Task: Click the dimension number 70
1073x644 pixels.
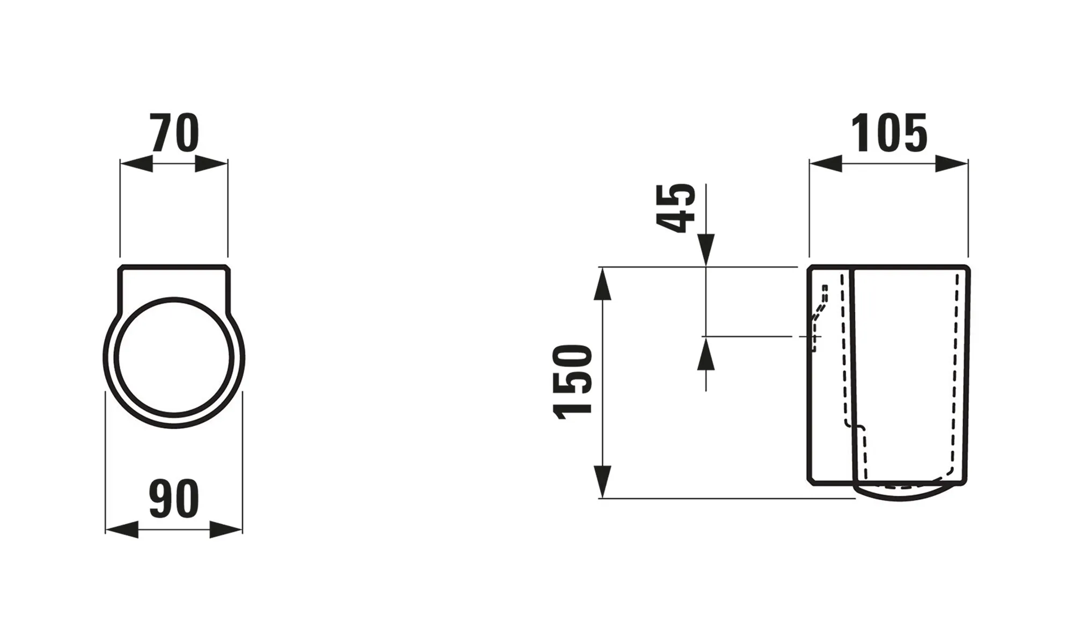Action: (x=175, y=134)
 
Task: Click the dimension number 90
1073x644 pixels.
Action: (x=174, y=500)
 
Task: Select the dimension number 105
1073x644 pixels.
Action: (x=890, y=134)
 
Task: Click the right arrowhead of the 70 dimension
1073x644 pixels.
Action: (x=211, y=164)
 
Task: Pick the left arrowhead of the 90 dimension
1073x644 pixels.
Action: (x=122, y=530)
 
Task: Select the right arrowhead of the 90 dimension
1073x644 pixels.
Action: (x=226, y=530)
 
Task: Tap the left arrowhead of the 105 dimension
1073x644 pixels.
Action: (x=826, y=164)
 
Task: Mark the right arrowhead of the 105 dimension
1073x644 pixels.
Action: (x=952, y=164)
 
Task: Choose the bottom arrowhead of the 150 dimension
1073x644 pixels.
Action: (x=603, y=482)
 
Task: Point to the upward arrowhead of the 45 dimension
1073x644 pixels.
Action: (x=706, y=354)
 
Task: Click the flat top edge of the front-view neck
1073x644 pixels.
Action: (x=174, y=266)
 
